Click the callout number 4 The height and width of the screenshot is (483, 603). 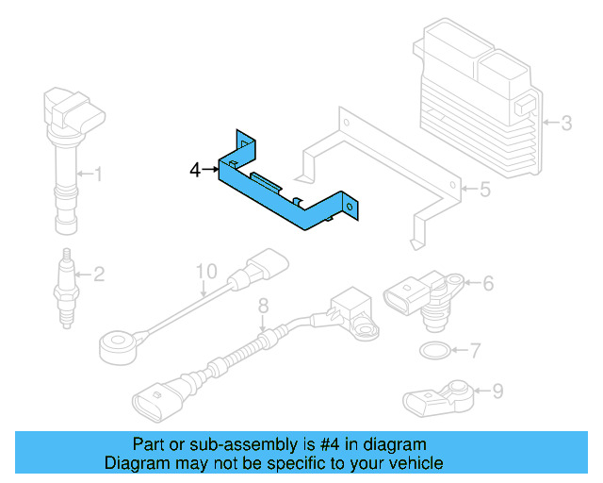pos(195,171)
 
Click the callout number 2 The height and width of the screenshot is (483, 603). pos(98,275)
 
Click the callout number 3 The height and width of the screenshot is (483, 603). pos(566,122)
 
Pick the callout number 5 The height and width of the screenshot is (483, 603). pos(484,191)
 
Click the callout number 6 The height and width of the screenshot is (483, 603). pos(489,281)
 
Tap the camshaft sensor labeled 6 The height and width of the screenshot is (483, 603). pos(424,293)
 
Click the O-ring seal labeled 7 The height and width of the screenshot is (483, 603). pos(432,352)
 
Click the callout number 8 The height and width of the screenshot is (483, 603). pos(264,304)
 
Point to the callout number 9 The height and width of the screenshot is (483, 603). pos(497,389)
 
